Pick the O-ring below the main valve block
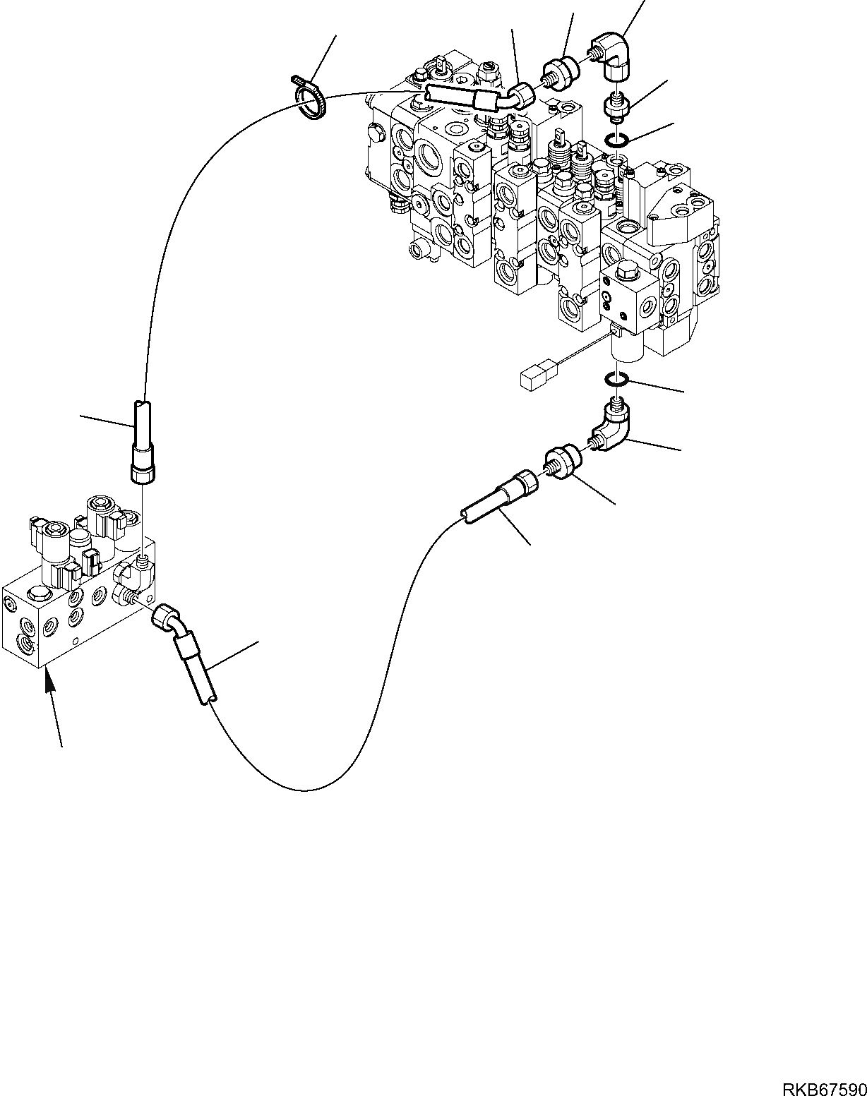pyautogui.click(x=617, y=380)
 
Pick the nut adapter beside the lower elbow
pyautogui.click(x=563, y=462)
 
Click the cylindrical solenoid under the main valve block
pyautogui.click(x=626, y=349)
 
